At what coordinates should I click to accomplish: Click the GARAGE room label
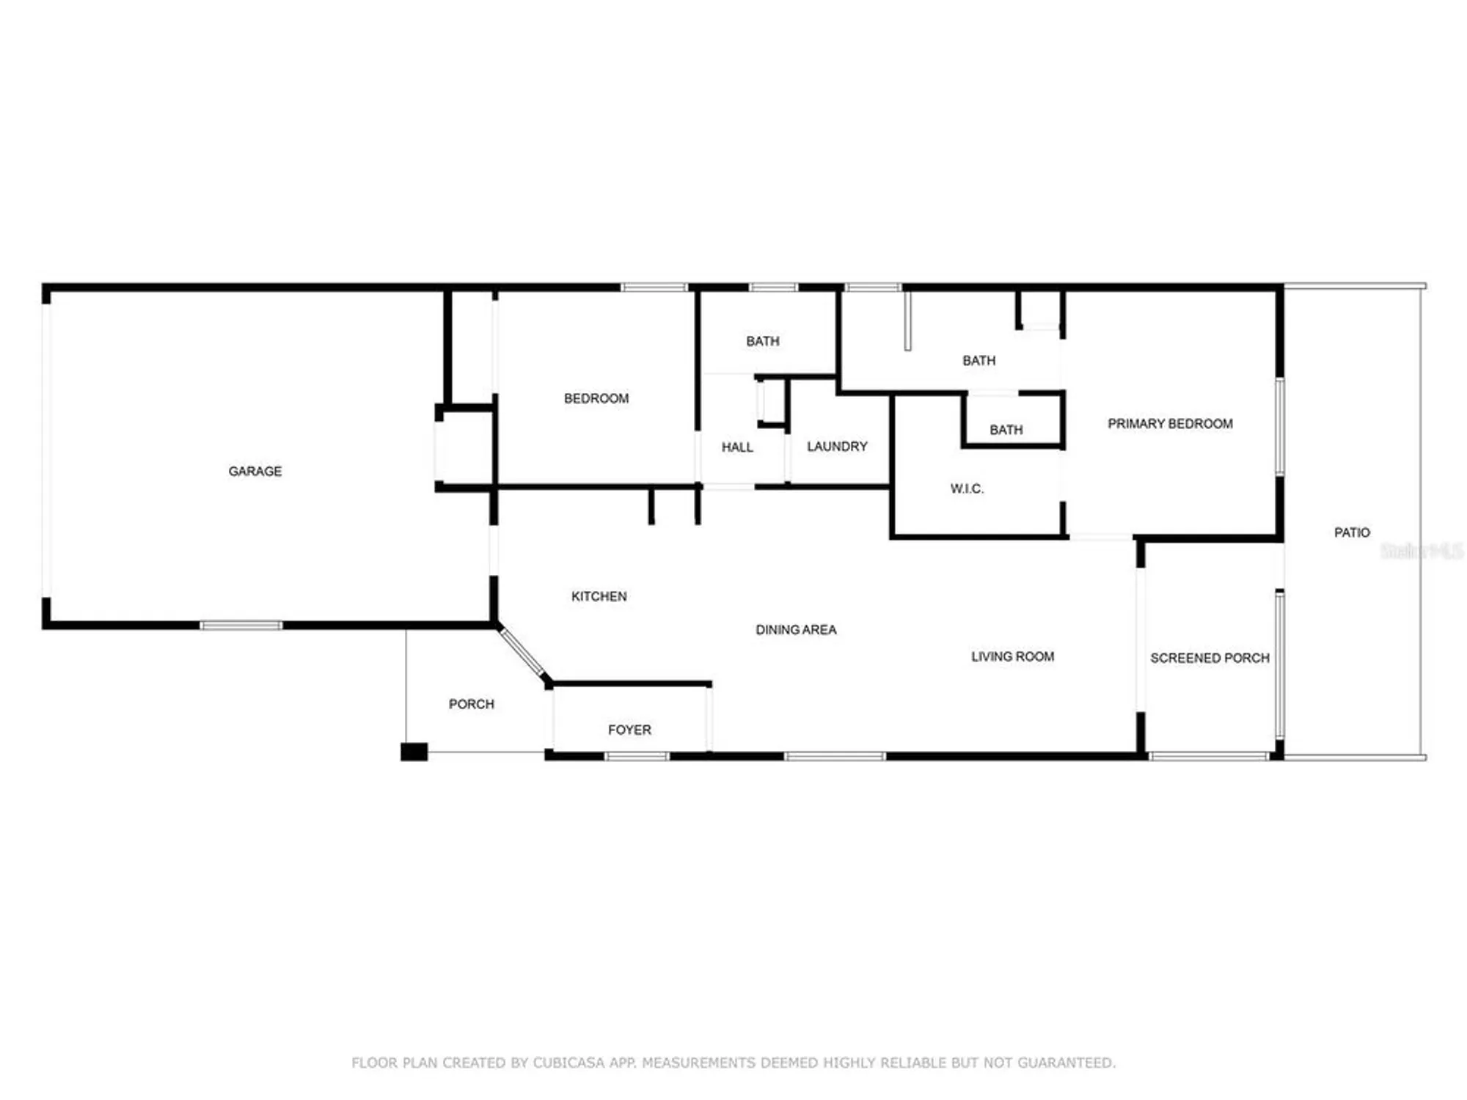click(255, 471)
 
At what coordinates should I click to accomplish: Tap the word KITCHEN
click(599, 596)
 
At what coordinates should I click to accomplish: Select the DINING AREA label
click(796, 629)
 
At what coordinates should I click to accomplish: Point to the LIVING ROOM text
click(1012, 656)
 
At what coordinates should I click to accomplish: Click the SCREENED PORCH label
click(1210, 658)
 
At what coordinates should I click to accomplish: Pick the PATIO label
click(1351, 532)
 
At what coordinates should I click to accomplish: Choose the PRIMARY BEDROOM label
click(1170, 423)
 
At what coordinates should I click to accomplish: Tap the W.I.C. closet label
click(967, 488)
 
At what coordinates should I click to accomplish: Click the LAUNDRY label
click(837, 446)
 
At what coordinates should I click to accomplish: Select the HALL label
click(737, 447)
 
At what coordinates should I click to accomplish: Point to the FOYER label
click(629, 730)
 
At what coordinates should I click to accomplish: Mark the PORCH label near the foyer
click(471, 704)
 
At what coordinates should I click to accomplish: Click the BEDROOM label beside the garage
click(596, 398)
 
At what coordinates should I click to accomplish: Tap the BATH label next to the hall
click(762, 341)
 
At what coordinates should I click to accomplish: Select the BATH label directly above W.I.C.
click(1006, 430)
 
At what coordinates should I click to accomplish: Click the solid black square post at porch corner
click(414, 752)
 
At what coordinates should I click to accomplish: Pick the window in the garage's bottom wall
click(241, 626)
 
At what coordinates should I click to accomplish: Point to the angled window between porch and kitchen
click(522, 653)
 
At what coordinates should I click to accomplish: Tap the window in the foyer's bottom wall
click(637, 756)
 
